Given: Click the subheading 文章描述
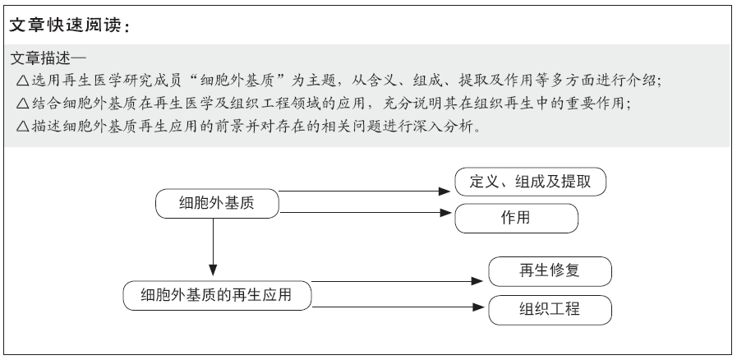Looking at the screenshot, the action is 40,58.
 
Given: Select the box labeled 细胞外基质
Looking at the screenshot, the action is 217,204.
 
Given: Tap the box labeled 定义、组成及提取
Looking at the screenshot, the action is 530,182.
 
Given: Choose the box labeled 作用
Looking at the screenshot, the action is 516,218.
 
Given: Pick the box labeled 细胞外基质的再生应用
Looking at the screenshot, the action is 217,296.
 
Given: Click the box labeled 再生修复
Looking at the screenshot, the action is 550,271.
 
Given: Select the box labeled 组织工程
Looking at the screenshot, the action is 550,310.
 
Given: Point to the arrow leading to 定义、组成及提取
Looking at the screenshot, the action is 365,192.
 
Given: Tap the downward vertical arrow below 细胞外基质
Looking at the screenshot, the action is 213,247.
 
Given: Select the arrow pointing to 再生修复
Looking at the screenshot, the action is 398,281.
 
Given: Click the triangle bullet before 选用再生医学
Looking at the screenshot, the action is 22,81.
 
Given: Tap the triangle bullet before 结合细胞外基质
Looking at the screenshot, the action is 22,104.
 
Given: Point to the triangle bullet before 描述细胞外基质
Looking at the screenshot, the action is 22,127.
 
